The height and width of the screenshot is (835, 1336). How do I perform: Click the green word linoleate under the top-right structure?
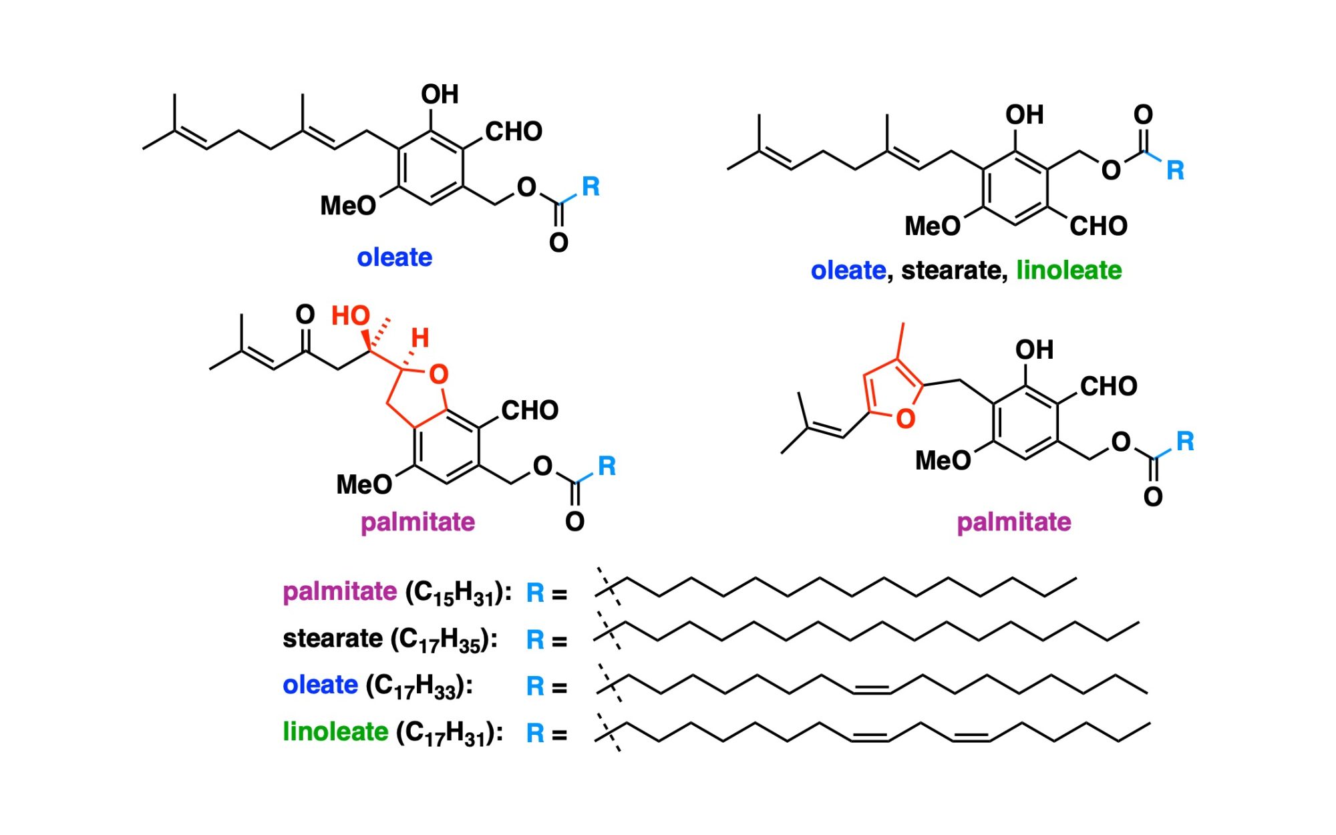tap(1069, 271)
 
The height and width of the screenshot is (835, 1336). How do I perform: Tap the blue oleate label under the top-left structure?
tap(394, 257)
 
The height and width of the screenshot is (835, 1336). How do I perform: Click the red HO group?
tap(351, 315)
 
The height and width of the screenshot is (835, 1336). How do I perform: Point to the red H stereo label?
tap(420, 338)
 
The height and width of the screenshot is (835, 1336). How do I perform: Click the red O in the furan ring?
tap(905, 419)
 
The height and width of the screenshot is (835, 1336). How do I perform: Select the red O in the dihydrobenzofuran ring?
tap(438, 375)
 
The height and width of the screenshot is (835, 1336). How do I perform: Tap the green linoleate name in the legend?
tap(335, 731)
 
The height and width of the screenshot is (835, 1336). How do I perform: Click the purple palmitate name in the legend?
tap(339, 592)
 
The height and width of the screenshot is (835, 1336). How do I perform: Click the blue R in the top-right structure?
tap(1175, 170)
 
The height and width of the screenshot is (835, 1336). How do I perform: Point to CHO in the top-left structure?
tap(514, 132)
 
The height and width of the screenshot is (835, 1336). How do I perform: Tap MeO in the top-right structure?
tap(933, 226)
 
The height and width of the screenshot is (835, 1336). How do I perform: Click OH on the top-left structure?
tap(440, 94)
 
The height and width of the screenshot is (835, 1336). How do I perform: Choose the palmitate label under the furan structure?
tap(1014, 522)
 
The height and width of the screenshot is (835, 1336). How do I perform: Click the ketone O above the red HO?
tap(305, 314)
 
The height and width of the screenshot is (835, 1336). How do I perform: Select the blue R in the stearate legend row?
tap(535, 640)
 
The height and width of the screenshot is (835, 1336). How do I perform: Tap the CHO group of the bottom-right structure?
tap(1108, 386)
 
